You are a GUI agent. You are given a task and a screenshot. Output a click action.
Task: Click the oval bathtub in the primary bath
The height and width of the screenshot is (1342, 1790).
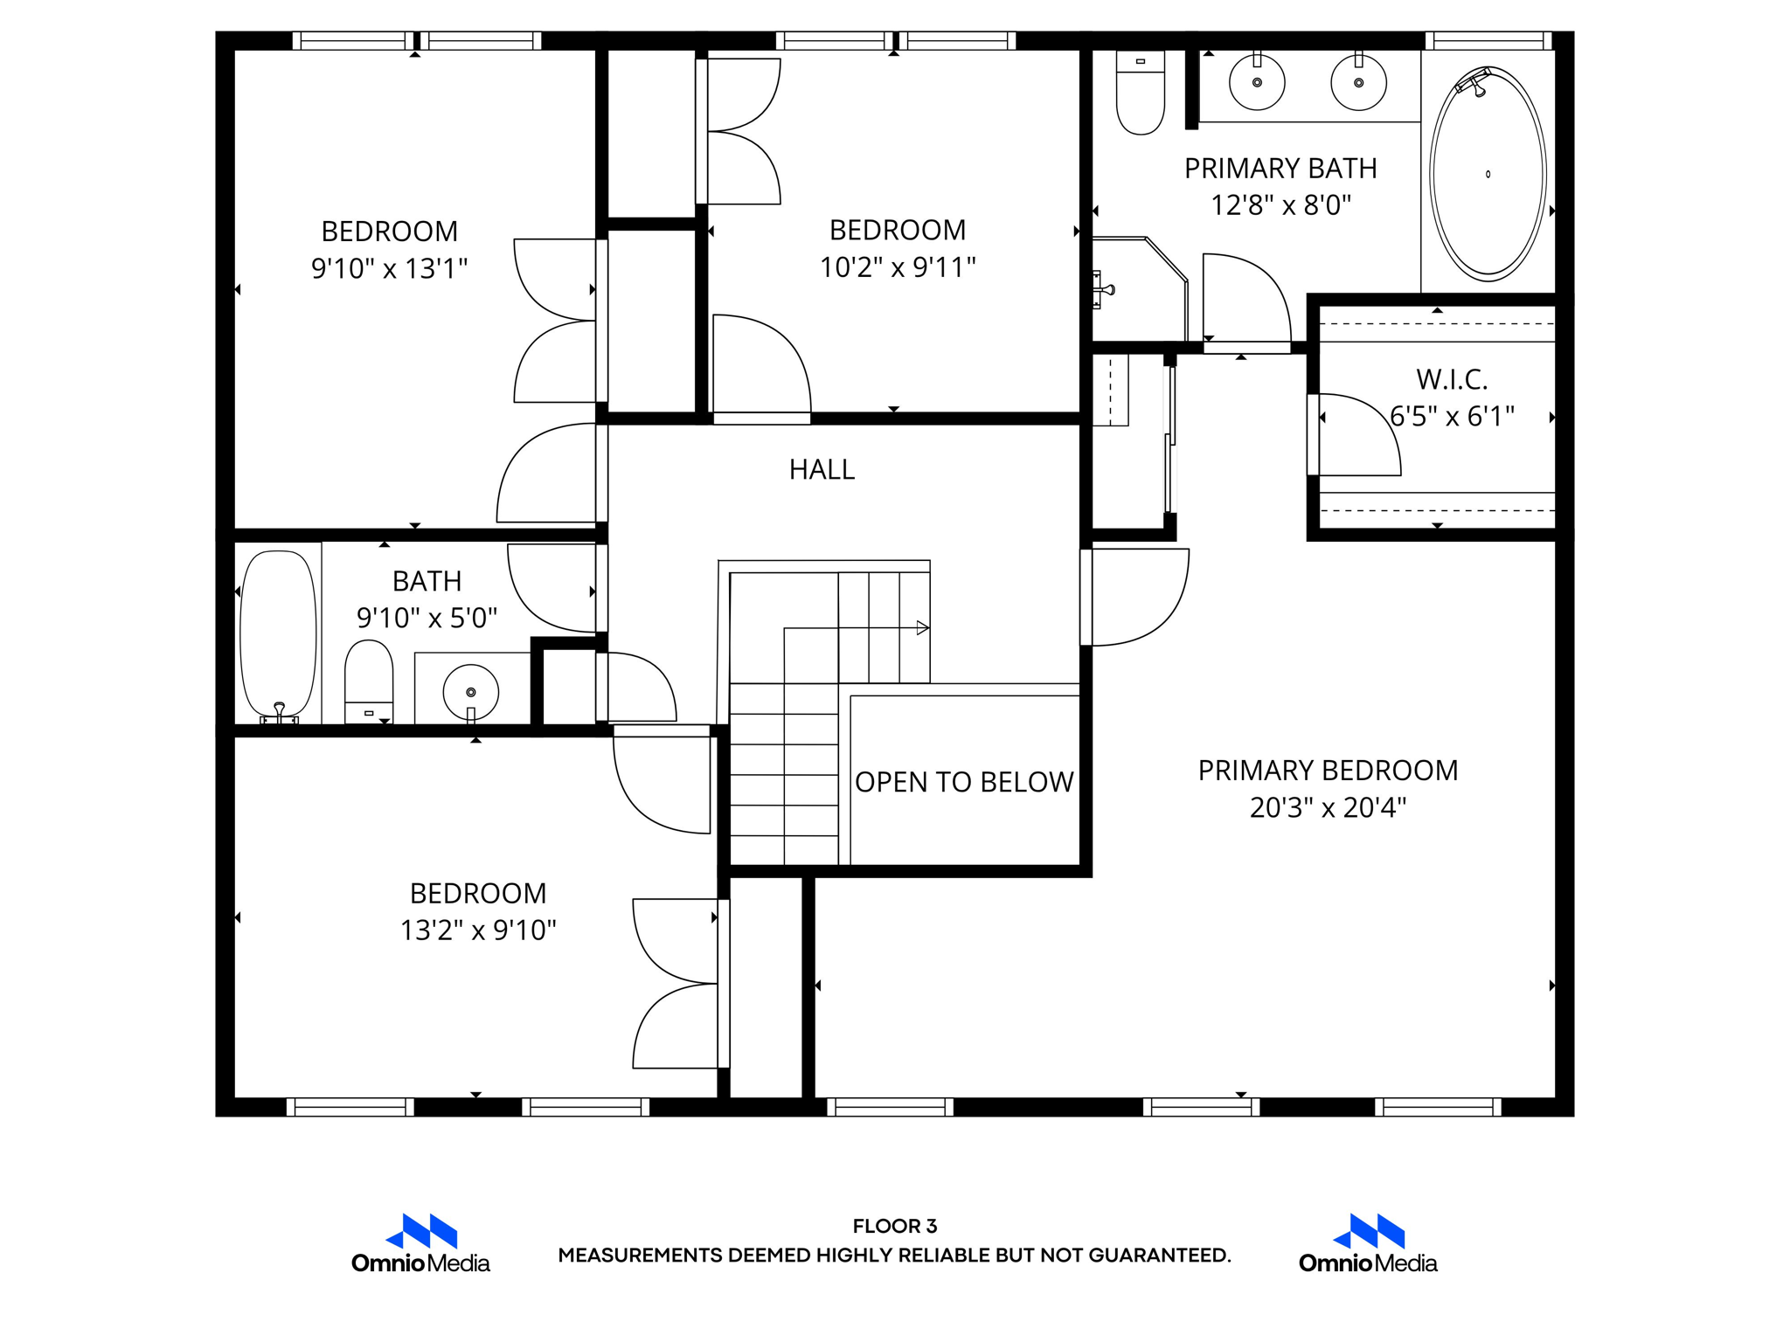[1488, 174]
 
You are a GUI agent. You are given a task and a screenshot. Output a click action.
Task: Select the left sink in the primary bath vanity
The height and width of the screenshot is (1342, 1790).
[1257, 83]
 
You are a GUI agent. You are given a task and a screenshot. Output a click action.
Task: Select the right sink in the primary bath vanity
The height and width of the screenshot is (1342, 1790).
[1358, 83]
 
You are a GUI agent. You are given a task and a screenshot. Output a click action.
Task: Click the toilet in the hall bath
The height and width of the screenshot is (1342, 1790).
[369, 681]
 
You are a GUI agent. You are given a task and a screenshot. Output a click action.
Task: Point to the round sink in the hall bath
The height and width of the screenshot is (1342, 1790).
[471, 692]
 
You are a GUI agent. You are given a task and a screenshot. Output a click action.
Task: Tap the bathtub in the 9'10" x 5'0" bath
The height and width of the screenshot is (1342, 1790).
[278, 633]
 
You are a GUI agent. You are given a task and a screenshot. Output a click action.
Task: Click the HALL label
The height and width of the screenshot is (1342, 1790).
[822, 470]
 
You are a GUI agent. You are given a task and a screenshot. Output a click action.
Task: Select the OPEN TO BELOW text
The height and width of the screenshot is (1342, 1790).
[964, 782]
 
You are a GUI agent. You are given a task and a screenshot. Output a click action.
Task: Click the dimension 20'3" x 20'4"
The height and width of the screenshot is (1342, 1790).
[1328, 807]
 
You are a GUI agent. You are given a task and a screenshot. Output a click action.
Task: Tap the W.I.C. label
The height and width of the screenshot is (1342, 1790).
[1452, 379]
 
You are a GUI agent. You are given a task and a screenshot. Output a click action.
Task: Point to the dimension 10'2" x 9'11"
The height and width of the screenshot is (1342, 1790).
[898, 267]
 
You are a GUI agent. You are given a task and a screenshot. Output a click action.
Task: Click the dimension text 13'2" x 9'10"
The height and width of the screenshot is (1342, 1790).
[478, 930]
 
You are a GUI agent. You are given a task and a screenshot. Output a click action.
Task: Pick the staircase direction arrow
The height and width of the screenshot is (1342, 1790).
[921, 627]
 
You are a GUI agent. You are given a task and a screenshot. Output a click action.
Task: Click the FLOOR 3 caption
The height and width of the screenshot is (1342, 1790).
[895, 1226]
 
